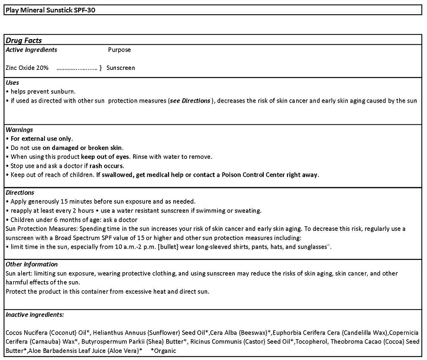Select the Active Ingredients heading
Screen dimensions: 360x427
pyautogui.click(x=31, y=50)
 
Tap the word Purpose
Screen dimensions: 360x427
pyautogui.click(x=119, y=50)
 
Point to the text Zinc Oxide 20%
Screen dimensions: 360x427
pyautogui.click(x=27, y=68)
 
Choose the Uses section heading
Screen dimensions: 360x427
pyautogui.click(x=12, y=82)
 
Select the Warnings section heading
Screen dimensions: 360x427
pyautogui.click(x=19, y=129)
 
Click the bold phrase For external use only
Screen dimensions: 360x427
pyautogui.click(x=41, y=139)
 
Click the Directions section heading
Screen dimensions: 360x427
pyautogui.click(x=20, y=192)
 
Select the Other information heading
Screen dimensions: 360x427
pyautogui.click(x=31, y=264)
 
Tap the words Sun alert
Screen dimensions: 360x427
pyautogui.click(x=18, y=274)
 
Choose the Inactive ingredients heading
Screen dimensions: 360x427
pyautogui.click(x=34, y=314)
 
